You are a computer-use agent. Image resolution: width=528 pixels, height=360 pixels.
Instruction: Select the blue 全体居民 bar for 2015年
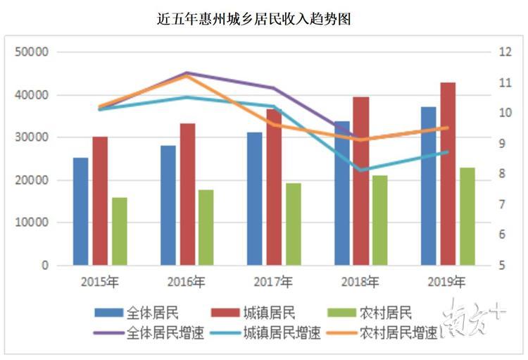(81, 211)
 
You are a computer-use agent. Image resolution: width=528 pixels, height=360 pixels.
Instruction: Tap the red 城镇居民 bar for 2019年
(448, 174)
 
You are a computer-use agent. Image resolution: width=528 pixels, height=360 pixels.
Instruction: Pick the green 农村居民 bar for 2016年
(206, 228)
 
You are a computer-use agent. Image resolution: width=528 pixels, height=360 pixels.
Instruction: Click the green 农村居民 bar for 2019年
(467, 216)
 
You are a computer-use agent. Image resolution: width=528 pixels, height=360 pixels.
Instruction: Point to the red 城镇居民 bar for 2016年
(187, 194)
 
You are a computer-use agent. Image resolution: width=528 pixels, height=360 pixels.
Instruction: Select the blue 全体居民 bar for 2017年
(254, 199)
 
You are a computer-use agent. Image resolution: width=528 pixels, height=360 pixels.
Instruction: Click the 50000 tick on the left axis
(33, 52)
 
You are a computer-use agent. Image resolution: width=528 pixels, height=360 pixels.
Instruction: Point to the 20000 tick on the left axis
(33, 180)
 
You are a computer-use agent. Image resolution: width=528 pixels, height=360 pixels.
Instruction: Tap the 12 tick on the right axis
(504, 52)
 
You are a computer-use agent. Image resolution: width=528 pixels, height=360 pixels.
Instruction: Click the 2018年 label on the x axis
(360, 283)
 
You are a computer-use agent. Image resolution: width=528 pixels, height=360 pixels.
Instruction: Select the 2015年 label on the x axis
(100, 283)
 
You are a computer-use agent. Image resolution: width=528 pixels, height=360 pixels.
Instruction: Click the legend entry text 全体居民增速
(165, 333)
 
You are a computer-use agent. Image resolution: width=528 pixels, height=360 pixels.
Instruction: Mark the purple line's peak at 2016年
(187, 73)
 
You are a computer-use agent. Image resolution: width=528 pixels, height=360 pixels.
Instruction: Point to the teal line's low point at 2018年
(360, 170)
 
